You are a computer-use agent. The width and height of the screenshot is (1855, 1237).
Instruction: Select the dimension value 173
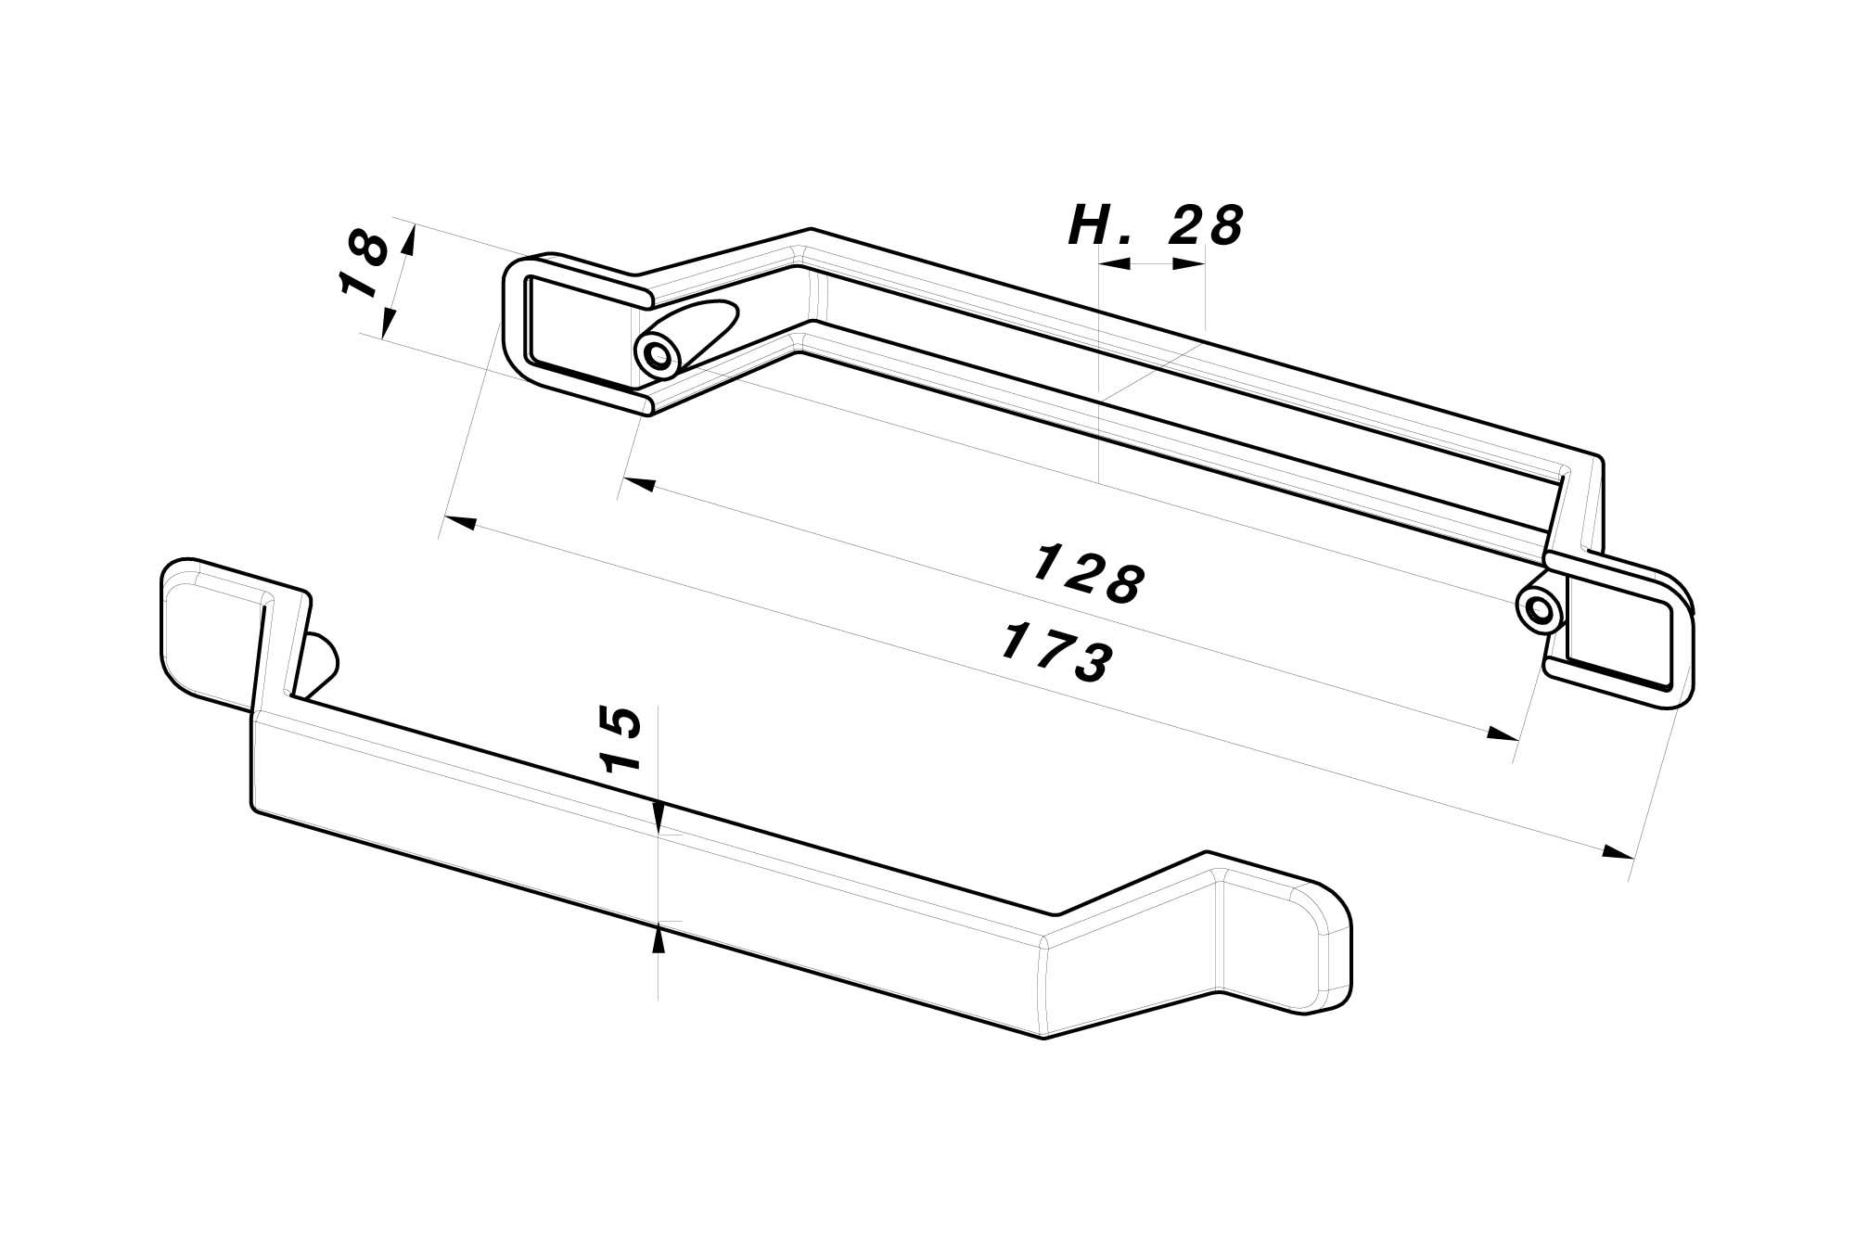[x=1057, y=654]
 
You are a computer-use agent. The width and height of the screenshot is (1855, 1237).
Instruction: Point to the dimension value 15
[x=622, y=739]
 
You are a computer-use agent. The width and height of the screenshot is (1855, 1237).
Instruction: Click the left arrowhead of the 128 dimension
[x=638, y=484]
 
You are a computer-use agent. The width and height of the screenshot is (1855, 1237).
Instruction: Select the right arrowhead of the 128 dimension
[x=1503, y=734]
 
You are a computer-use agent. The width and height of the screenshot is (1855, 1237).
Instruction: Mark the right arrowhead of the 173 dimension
[x=1619, y=852]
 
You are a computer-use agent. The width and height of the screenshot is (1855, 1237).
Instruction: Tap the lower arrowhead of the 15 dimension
[x=658, y=939]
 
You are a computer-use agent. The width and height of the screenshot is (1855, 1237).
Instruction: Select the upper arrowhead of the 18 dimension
[x=408, y=238]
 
